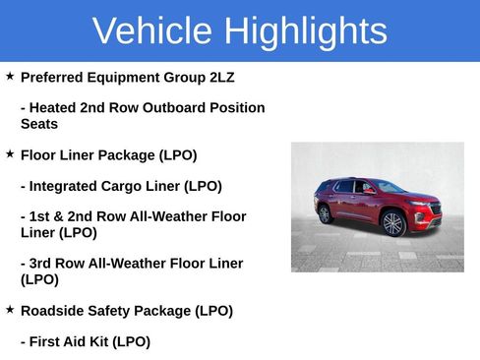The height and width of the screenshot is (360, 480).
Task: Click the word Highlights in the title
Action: click(x=305, y=31)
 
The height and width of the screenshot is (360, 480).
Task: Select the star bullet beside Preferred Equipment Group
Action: click(x=10, y=76)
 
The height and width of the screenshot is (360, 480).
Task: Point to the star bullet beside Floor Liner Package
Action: click(x=10, y=154)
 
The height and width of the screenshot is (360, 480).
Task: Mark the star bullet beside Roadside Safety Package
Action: click(x=10, y=310)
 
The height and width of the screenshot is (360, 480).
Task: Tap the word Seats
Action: click(x=39, y=124)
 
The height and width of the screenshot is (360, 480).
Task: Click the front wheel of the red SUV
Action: click(x=393, y=224)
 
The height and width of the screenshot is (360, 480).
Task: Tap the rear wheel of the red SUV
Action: click(x=326, y=214)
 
